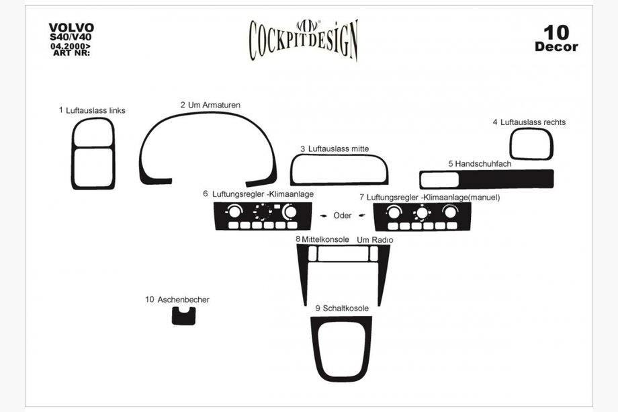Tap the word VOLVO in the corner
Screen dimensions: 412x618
coord(71,28)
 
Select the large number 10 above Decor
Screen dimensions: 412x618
coord(556,32)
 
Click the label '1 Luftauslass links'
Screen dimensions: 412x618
coord(92,110)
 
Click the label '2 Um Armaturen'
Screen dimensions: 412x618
coord(210,105)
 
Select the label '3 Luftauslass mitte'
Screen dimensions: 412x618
coord(335,149)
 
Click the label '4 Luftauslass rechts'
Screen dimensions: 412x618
coord(529,122)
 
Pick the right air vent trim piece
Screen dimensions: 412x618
coord(531,145)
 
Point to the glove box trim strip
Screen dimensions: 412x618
coord(486,179)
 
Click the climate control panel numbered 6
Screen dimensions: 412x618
coord(263,216)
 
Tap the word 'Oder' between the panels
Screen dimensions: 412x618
coord(343,216)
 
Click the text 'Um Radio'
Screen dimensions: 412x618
coord(375,239)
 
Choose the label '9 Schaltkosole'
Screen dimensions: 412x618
coord(342,308)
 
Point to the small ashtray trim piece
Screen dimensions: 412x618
coord(183,316)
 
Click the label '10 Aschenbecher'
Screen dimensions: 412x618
coord(177,300)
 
